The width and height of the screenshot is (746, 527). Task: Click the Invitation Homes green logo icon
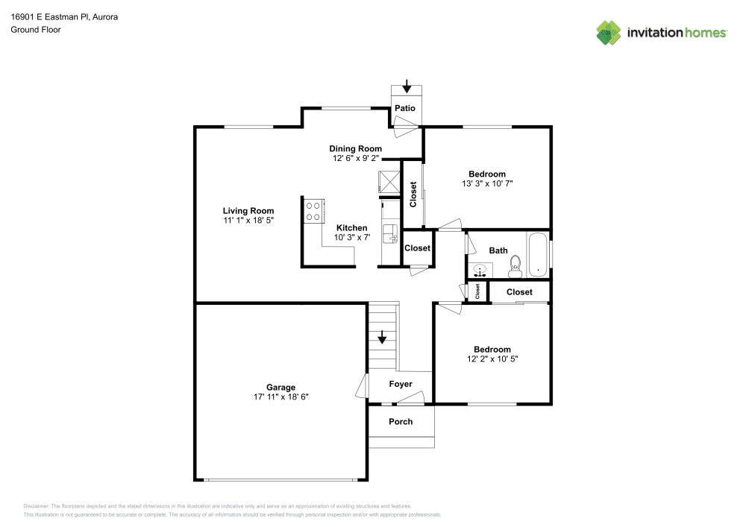[x=609, y=33]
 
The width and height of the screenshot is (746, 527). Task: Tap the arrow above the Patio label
[x=407, y=86]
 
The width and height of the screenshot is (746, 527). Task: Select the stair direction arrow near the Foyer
[x=382, y=337]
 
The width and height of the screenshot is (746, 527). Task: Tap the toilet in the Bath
[x=515, y=266]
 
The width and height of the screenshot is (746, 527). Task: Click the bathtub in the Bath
[x=538, y=254]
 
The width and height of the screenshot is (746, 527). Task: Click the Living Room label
[x=248, y=210]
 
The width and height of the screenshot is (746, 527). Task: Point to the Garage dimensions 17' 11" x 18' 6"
[x=280, y=397]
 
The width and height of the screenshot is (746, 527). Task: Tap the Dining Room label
[x=355, y=148]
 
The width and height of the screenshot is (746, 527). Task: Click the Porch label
[x=401, y=421]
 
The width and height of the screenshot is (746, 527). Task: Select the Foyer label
[x=401, y=384]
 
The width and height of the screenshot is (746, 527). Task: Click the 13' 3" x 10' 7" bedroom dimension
[x=487, y=183]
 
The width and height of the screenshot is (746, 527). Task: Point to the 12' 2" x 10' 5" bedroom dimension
[x=492, y=359]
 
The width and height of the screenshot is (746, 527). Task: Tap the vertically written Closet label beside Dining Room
[x=413, y=194]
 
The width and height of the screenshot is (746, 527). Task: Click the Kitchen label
[x=351, y=227]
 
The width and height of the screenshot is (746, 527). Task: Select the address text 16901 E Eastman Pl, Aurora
[x=64, y=16]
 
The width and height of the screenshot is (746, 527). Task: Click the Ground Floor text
[x=36, y=30]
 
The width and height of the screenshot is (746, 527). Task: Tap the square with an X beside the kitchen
[x=389, y=182]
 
